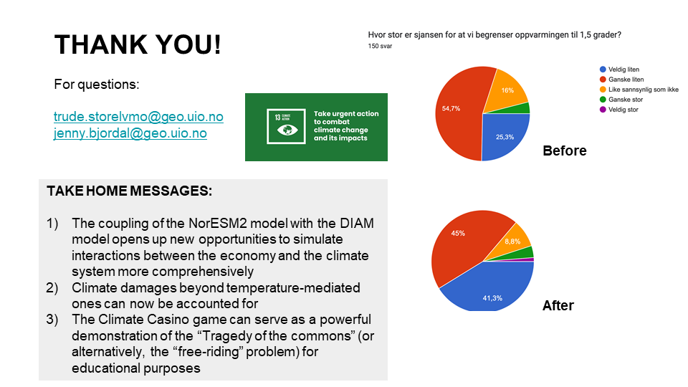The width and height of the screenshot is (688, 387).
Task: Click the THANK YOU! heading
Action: [x=138, y=44]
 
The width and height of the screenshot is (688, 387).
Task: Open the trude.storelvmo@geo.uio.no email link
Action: [x=138, y=117]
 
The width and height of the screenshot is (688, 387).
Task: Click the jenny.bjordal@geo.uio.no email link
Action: [x=130, y=133]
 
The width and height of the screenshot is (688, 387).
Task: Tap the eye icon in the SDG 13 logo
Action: [x=287, y=130]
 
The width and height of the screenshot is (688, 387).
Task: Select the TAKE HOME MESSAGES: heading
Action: [x=130, y=191]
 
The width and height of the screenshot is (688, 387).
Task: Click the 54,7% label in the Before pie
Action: [x=451, y=108]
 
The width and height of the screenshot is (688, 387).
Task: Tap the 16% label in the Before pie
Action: [x=507, y=90]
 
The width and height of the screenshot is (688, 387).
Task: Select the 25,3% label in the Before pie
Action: [x=505, y=137]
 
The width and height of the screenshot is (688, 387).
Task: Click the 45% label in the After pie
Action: [x=458, y=234]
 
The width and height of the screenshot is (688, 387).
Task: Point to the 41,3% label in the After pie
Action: [x=492, y=298]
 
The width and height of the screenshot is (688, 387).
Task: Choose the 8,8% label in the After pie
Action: [x=512, y=242]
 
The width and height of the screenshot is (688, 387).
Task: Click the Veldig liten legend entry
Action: [x=619, y=70]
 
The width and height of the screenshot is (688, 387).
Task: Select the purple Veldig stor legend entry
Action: [x=619, y=110]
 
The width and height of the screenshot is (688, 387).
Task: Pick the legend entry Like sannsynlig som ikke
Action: [x=639, y=90]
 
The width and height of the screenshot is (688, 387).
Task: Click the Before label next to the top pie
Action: [x=564, y=150]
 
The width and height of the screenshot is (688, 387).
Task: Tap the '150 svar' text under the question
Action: [x=380, y=46]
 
